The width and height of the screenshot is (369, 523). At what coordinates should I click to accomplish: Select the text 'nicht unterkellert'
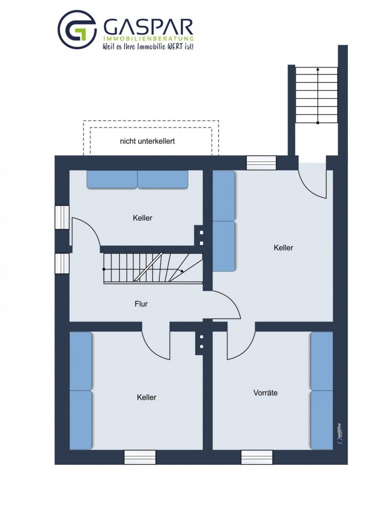(147, 141)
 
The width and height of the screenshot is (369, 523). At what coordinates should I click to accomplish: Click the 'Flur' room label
(141, 304)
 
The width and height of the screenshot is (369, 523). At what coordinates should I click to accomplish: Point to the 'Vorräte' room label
(265, 393)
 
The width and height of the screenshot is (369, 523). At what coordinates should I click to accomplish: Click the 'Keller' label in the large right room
(284, 248)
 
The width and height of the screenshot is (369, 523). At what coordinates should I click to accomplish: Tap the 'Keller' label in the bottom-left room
(147, 397)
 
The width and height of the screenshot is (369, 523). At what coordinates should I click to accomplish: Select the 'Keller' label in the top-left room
(142, 218)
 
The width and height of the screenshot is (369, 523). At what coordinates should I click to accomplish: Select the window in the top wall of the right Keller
(261, 163)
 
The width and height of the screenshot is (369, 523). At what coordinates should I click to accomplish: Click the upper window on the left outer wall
(62, 217)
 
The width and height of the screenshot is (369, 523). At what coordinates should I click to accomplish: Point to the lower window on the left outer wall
(62, 264)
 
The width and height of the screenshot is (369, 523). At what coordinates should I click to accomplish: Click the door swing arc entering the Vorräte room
(247, 352)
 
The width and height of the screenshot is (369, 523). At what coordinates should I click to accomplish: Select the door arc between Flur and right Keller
(230, 301)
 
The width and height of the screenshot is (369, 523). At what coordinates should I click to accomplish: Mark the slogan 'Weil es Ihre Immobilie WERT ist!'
(148, 47)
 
